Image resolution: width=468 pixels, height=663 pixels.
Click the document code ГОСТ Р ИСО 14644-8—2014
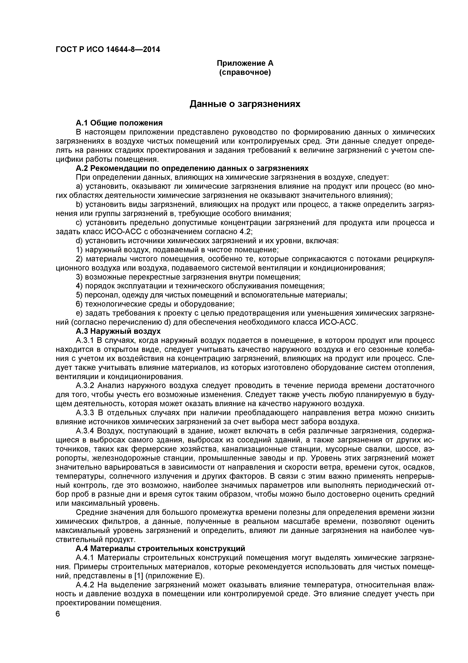click(x=108, y=50)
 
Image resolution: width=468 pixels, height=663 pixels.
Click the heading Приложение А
click(x=245, y=63)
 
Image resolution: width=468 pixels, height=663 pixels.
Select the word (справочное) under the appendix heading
click(x=245, y=72)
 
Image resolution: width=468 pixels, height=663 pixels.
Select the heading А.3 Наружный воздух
click(x=118, y=331)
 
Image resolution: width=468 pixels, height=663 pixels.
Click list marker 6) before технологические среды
click(x=79, y=304)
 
